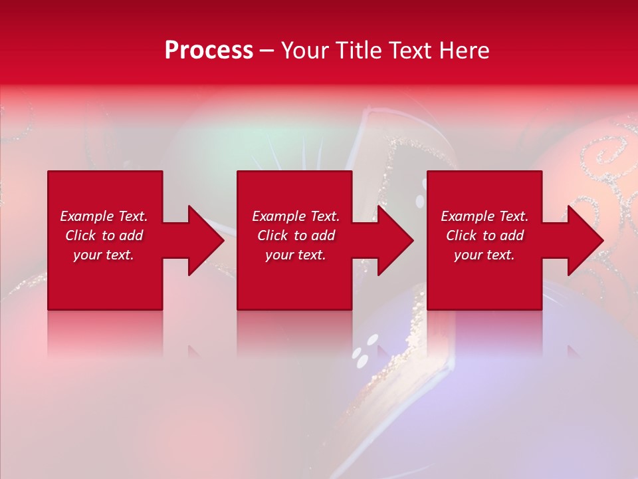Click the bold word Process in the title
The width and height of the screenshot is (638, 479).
point(209,51)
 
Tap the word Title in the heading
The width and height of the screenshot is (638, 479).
point(360,51)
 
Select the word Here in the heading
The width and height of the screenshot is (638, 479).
point(465,51)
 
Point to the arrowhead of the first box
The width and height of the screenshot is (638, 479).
point(203,240)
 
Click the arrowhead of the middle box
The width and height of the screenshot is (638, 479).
point(393,240)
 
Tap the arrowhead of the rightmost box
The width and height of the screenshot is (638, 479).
point(584,240)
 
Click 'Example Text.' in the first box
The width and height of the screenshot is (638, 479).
point(104,216)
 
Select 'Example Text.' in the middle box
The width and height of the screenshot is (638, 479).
point(296,216)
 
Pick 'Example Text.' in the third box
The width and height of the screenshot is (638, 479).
point(484,216)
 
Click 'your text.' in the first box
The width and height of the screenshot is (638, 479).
point(104,255)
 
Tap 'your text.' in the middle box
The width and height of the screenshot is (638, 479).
point(296,255)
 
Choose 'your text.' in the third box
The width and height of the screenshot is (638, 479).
point(484,255)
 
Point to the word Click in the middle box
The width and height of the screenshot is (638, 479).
point(272,236)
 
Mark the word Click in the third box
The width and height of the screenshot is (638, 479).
point(461,236)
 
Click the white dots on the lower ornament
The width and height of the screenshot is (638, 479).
point(364,353)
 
